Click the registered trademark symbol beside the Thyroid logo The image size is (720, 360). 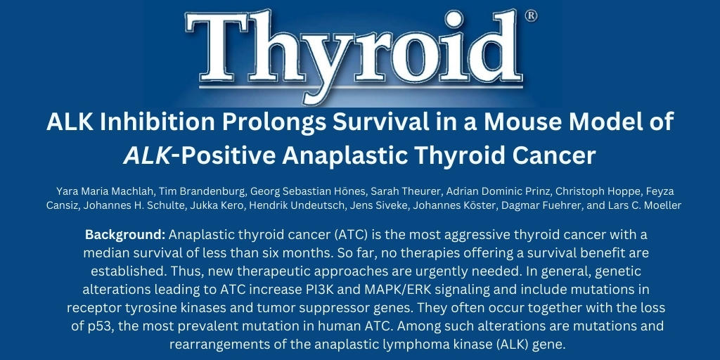[x=531, y=16]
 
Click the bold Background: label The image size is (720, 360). [x=125, y=234]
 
